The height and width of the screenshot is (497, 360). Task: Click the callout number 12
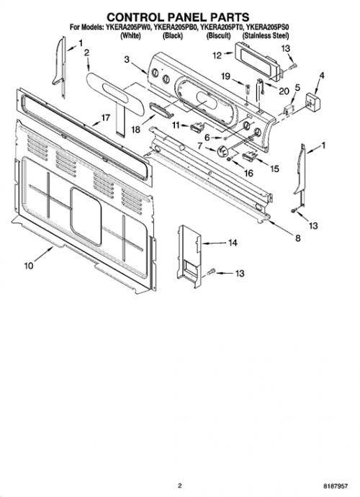[x=217, y=55]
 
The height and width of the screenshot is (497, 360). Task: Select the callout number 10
[x=29, y=265]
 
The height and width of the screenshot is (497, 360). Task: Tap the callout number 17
[x=105, y=117]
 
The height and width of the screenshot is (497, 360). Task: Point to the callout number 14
[x=233, y=243]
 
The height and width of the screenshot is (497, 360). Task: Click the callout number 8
[x=298, y=238]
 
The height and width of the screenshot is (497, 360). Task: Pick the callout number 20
[x=284, y=91]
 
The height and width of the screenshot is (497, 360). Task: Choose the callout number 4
[x=322, y=76]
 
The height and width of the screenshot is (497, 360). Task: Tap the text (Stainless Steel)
[x=266, y=35]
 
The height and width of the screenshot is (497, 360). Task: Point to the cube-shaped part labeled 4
[x=312, y=102]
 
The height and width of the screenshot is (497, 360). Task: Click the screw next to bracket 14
[x=211, y=272]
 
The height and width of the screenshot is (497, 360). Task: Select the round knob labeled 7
[x=223, y=150]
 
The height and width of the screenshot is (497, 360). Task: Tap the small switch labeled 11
[x=197, y=127]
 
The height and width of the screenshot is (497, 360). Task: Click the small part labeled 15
[x=249, y=156]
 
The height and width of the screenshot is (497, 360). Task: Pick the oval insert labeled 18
[x=161, y=109]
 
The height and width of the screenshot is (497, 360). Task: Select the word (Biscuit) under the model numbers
[x=218, y=35]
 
